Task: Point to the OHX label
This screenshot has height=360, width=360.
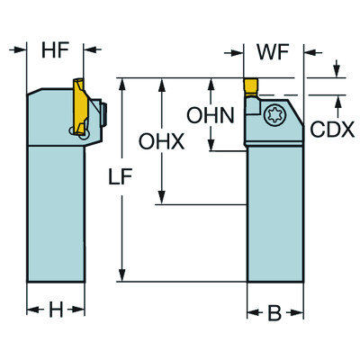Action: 159,141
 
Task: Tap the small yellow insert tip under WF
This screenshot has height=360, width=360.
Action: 253,88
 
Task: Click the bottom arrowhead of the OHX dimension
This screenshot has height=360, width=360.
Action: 163,199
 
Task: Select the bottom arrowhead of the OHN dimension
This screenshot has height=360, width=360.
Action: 211,143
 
